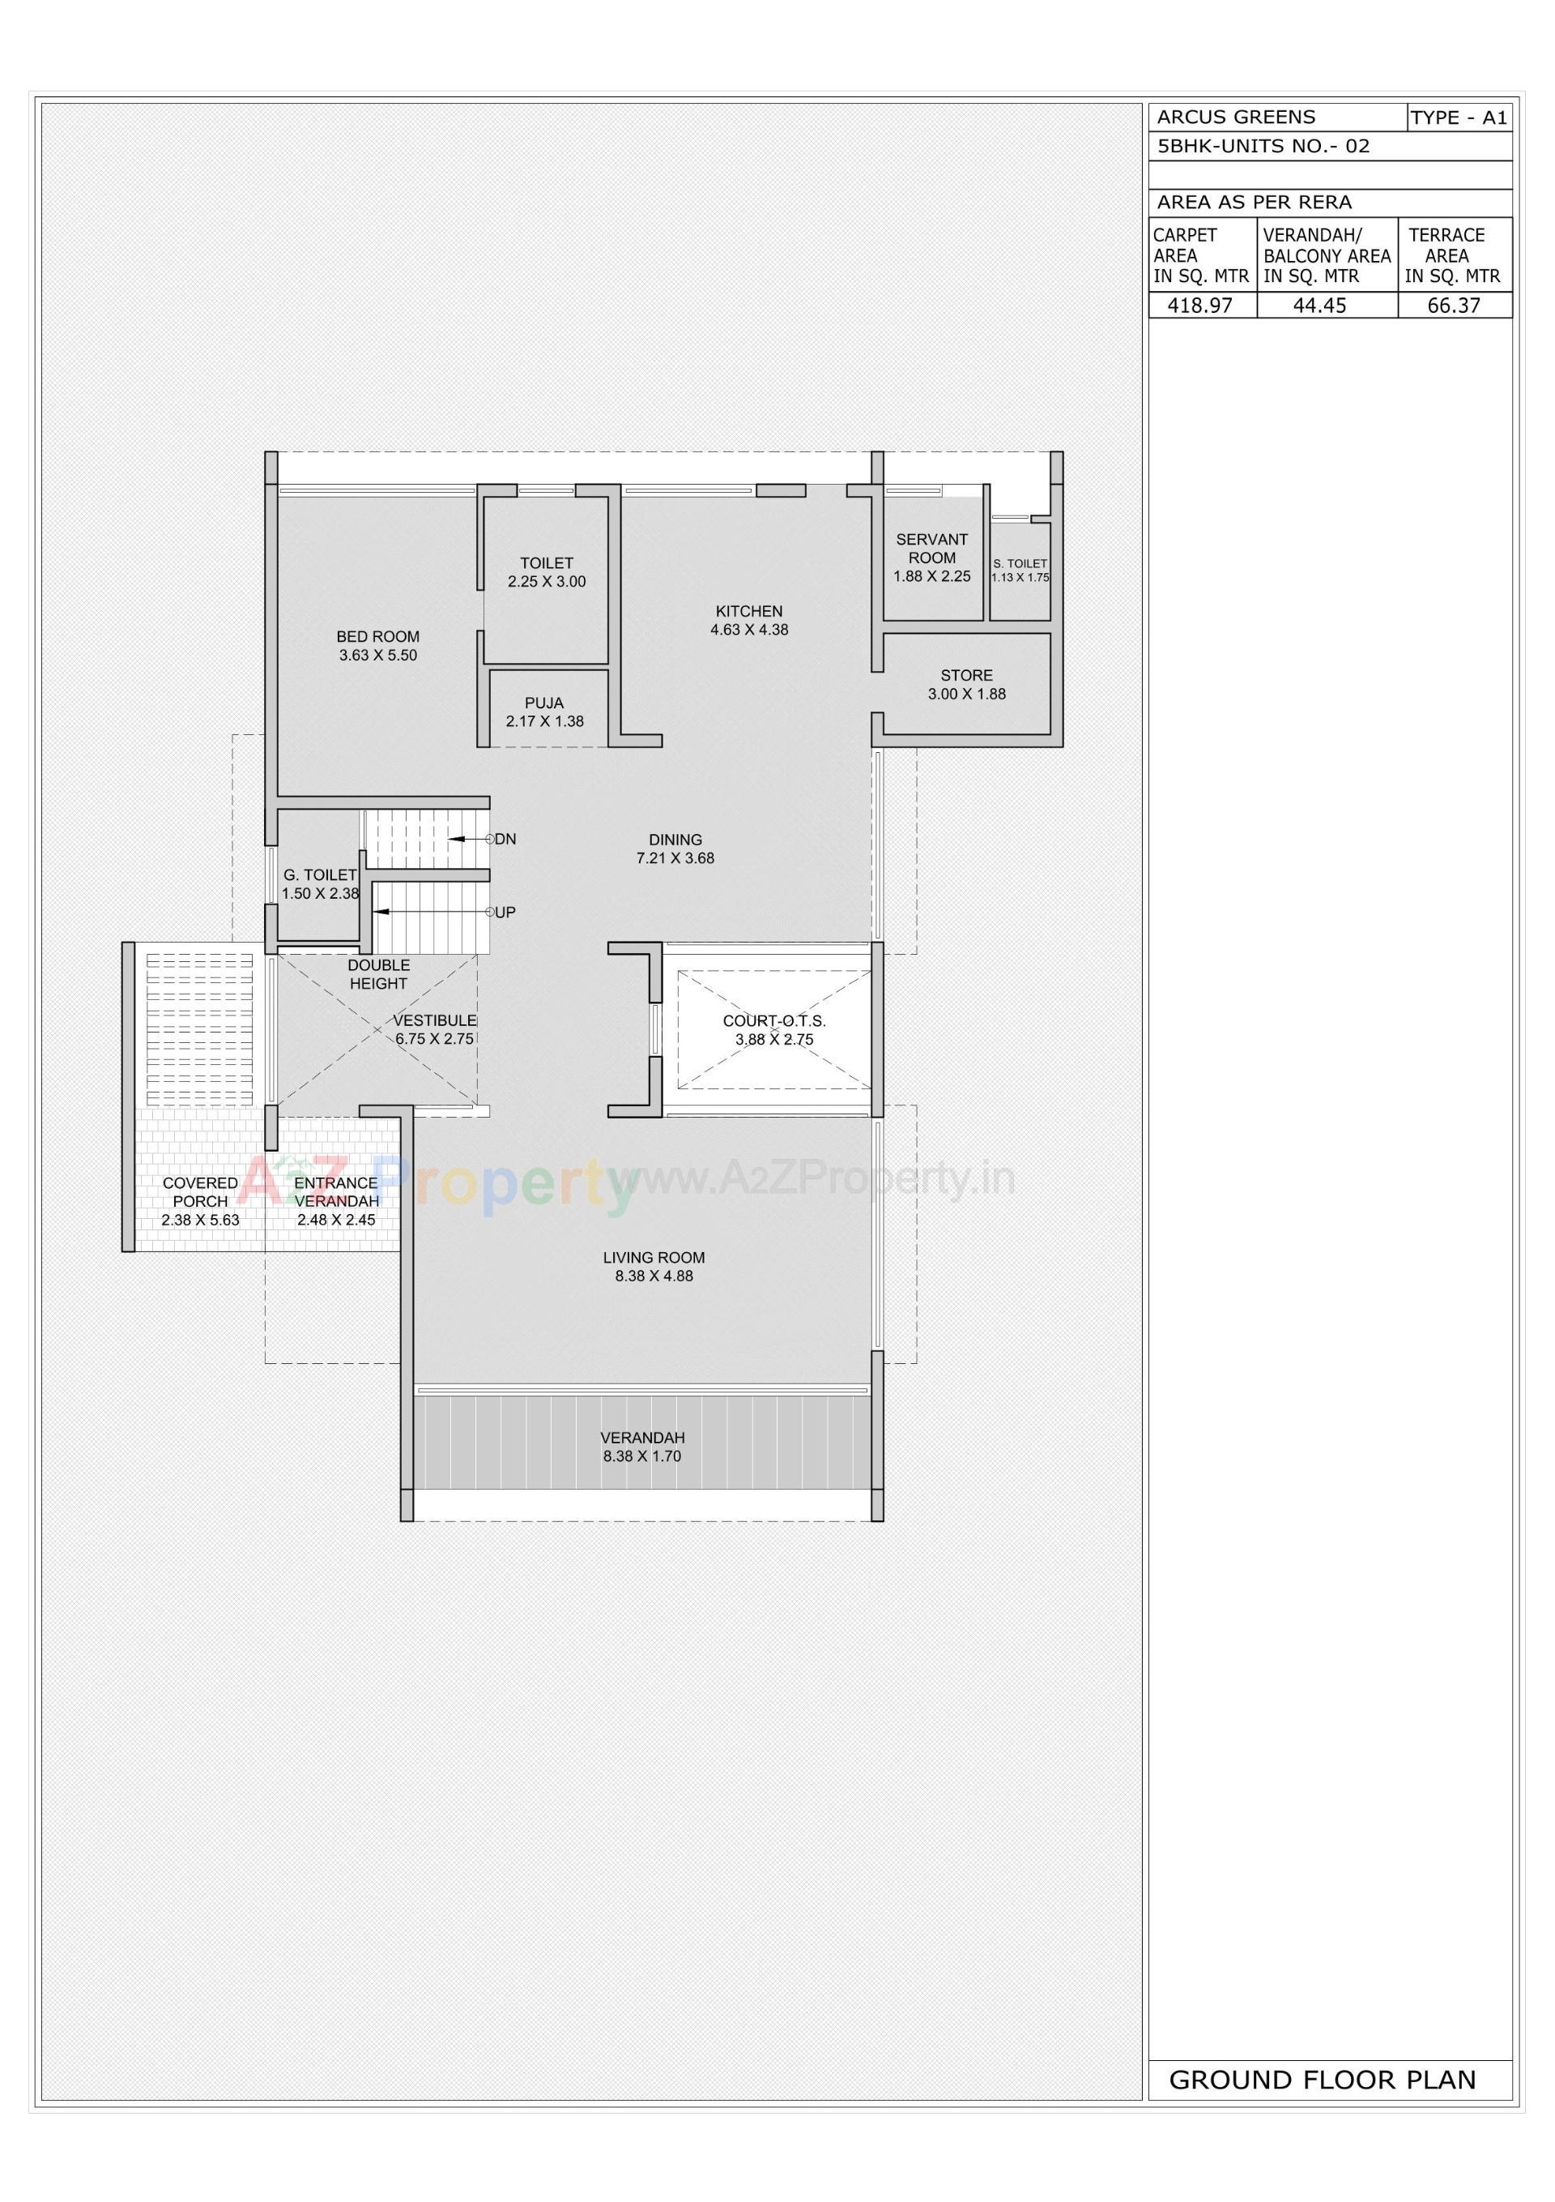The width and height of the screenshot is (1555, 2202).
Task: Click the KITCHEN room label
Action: point(748,611)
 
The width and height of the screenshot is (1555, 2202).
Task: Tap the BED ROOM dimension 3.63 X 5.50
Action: point(377,655)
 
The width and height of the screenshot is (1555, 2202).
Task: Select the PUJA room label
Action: point(543,703)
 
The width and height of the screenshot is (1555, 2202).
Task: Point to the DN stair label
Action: point(505,839)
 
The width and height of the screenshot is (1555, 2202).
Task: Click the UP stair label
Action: point(505,912)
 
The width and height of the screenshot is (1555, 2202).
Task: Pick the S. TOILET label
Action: point(1020,564)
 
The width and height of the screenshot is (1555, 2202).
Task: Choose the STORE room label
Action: point(966,675)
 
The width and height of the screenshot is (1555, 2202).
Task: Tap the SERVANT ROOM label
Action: point(932,549)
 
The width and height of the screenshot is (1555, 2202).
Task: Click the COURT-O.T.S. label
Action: point(773,1021)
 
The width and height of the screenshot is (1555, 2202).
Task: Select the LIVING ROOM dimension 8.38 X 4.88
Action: point(654,1276)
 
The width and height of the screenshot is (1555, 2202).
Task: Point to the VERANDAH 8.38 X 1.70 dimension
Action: point(641,1456)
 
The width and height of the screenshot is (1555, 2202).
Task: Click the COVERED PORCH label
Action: point(200,1192)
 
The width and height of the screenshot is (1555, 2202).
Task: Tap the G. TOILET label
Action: point(319,874)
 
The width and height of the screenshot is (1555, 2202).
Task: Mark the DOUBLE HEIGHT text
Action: point(379,974)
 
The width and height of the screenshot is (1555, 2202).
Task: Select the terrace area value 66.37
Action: point(1454,306)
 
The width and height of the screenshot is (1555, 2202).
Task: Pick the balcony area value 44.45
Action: point(1319,306)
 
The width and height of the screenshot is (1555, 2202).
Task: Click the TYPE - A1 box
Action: point(1458,118)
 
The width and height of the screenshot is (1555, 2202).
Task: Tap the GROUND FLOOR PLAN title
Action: point(1322,2080)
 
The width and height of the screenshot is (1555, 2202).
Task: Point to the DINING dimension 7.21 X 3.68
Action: point(675,858)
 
